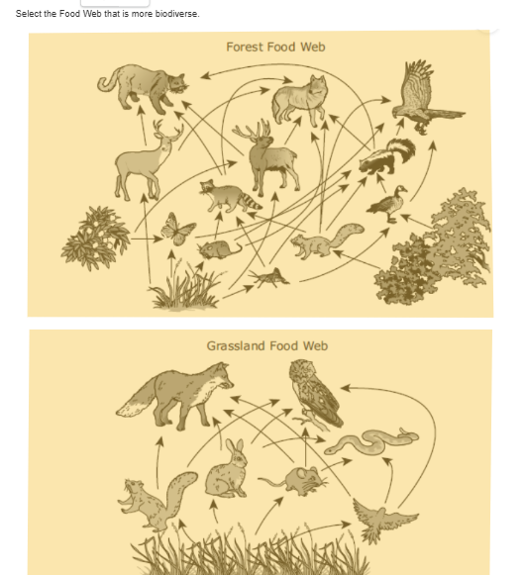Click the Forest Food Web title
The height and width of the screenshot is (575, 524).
274,47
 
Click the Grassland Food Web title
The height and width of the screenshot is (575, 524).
266,345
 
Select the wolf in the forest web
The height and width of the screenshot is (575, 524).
300,99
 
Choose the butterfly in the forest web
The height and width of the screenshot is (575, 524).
178,230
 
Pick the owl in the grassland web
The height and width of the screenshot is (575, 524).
315,391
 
